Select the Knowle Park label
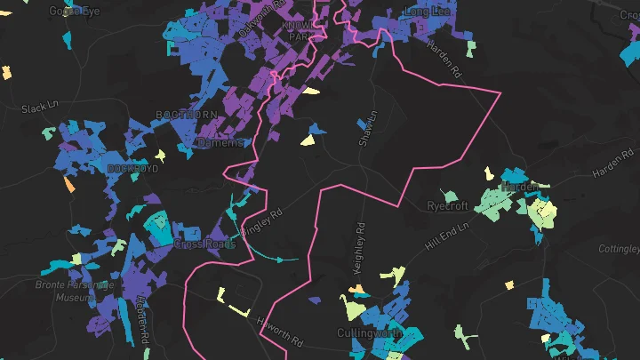[298, 32]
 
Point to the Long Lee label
[428, 12]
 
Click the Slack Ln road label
[38, 108]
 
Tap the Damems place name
[220, 142]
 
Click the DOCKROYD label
[132, 168]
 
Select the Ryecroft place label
[447, 205]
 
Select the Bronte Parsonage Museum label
[74, 291]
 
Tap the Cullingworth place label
[368, 333]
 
